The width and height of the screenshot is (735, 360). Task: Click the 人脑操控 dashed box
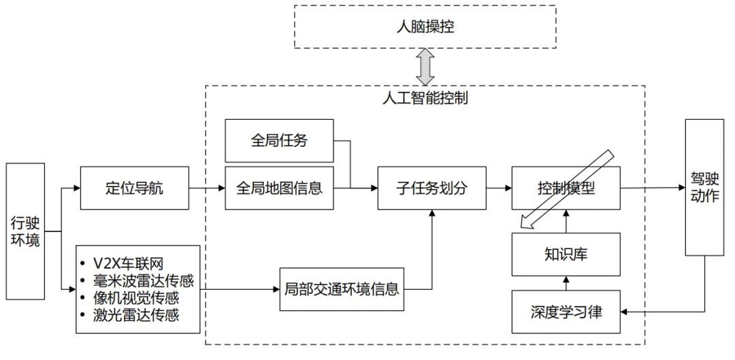tap(425, 27)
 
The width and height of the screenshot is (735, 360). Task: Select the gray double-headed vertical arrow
tap(426, 66)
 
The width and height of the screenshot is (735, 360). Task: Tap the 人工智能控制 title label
tap(425, 97)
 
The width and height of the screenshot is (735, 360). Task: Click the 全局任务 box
tap(279, 141)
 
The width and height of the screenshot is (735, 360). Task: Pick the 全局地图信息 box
tap(279, 188)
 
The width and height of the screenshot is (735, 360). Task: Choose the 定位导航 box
tap(135, 188)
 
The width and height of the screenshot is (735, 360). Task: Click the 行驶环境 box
tap(26, 231)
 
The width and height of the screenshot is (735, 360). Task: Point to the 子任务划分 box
tap(431, 188)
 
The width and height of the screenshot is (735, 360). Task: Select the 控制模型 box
tap(566, 188)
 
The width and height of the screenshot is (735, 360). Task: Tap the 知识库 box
tap(566, 255)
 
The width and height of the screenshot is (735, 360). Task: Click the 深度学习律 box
tap(566, 312)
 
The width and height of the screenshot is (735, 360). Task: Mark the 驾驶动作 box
tap(704, 187)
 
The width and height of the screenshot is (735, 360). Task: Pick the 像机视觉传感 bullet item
tap(137, 297)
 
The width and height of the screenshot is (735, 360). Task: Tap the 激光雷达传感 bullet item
tap(137, 314)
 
